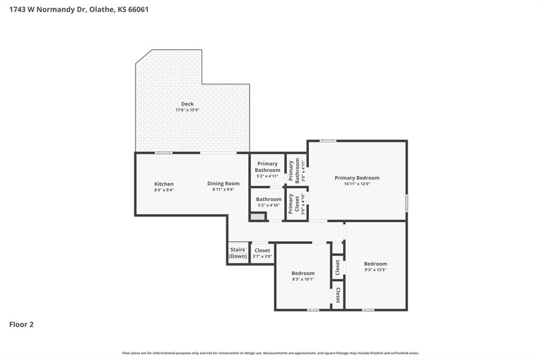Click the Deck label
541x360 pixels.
[188, 104]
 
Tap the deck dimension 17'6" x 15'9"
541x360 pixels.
[188, 110]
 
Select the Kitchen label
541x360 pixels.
[164, 184]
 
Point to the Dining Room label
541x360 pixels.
[223, 184]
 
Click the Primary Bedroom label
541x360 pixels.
[357, 178]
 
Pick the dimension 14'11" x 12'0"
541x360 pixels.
[357, 184]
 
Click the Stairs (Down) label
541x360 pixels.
[238, 253]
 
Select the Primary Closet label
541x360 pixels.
[294, 203]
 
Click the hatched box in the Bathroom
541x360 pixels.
[258, 217]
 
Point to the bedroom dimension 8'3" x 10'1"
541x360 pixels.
[303, 279]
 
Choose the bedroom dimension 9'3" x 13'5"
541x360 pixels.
[376, 270]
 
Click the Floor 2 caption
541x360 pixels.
[21, 325]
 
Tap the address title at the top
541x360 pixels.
[79, 10]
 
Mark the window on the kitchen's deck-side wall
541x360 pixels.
[164, 153]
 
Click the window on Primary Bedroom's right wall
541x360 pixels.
[407, 203]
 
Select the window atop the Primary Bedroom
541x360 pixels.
[328, 141]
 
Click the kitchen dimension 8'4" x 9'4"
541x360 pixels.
[164, 190]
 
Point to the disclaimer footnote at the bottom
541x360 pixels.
[270, 353]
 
